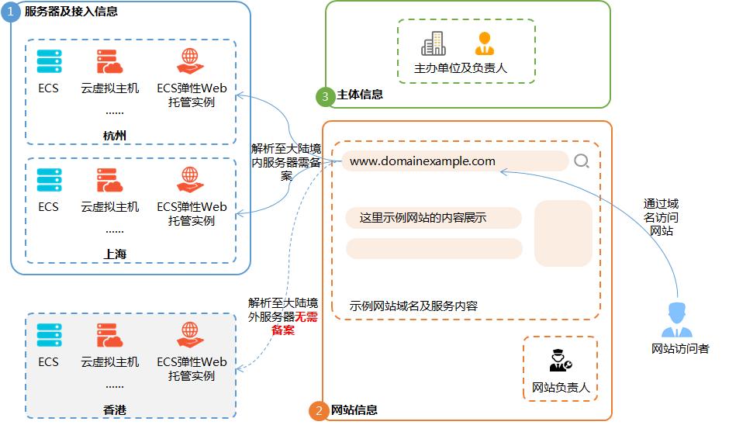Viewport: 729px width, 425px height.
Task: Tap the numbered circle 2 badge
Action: click(x=319, y=411)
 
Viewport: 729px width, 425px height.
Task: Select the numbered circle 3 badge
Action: click(x=325, y=96)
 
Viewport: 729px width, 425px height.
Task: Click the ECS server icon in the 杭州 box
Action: click(x=49, y=62)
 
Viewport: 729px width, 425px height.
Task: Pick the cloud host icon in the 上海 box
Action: click(x=109, y=180)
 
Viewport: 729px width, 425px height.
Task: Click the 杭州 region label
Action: click(x=114, y=136)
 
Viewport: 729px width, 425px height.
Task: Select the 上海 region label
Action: click(x=114, y=254)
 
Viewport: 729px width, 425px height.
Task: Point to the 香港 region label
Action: click(x=114, y=409)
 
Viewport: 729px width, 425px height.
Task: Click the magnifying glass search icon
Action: click(x=582, y=161)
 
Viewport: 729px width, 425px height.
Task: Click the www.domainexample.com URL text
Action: click(x=422, y=161)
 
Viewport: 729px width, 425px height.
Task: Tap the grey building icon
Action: click(x=434, y=43)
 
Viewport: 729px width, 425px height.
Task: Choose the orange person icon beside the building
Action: click(x=485, y=43)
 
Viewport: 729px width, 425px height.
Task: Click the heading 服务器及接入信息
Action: click(x=71, y=12)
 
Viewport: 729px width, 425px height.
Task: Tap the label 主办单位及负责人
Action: click(x=461, y=68)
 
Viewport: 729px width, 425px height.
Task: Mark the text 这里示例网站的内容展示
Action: click(x=423, y=218)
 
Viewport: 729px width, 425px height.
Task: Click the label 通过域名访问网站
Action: click(x=661, y=217)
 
